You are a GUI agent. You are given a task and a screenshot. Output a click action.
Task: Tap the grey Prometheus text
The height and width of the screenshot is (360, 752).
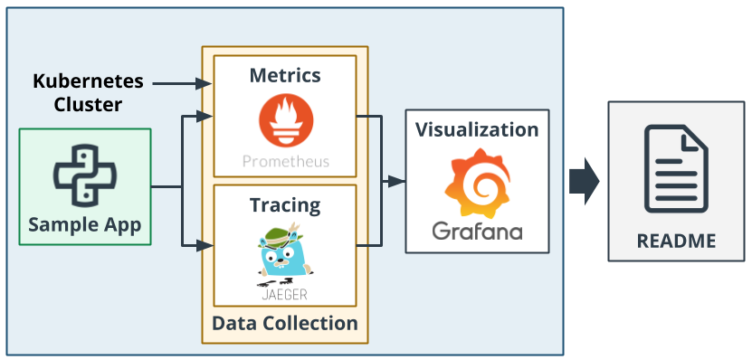click(285, 163)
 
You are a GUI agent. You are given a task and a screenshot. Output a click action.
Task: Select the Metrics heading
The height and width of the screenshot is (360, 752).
click(285, 74)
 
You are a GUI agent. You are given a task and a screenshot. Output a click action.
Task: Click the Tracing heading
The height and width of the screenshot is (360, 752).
click(285, 204)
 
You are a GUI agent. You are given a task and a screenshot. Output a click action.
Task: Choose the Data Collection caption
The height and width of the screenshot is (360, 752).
click(285, 323)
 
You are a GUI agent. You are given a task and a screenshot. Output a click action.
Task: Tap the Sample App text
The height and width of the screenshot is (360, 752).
click(85, 224)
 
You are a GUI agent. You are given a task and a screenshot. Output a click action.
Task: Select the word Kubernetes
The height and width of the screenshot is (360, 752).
click(89, 81)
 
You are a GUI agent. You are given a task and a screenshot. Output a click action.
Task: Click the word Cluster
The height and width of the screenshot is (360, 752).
click(89, 105)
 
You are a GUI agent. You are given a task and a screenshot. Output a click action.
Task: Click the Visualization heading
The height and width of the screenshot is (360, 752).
click(477, 128)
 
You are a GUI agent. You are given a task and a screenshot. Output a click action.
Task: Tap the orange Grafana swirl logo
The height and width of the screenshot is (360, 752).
click(477, 185)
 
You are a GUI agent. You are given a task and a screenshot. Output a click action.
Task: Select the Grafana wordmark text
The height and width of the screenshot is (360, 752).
click(477, 231)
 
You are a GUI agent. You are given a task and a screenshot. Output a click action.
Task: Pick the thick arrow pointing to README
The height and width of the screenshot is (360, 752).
click(585, 180)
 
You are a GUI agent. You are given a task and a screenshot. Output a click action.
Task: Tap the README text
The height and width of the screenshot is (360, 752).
click(676, 241)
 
